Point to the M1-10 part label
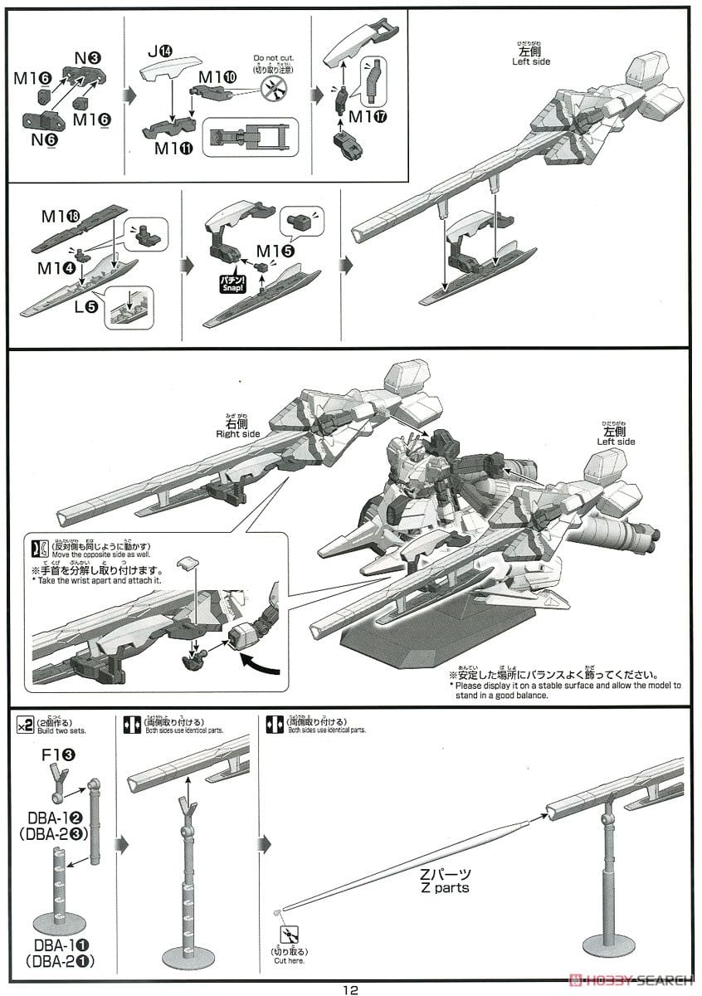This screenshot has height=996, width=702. [219, 76]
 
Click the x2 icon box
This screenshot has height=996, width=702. [24, 727]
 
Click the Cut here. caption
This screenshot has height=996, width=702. [289, 960]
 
